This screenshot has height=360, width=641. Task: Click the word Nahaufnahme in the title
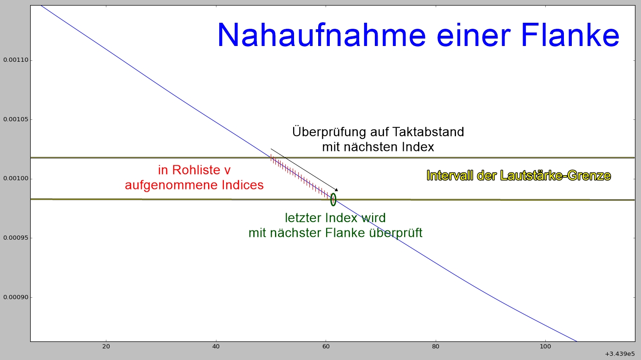321,35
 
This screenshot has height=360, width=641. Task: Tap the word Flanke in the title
570,34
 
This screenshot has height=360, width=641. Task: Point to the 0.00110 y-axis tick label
16,60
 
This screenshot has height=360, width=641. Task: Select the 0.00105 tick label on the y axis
16,119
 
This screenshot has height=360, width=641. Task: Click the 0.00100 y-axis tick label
16,178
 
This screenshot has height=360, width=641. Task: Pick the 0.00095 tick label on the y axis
16,238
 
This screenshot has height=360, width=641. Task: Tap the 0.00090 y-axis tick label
16,297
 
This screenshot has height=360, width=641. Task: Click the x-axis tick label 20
106,347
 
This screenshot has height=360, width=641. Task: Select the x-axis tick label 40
216,347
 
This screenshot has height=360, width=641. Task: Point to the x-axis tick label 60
326,347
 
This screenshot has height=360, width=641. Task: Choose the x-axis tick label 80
436,347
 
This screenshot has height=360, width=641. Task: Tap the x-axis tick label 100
545,347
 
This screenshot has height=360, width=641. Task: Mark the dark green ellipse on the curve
331,199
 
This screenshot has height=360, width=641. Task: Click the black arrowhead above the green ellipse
336,190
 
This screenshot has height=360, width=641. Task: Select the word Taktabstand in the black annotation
428,132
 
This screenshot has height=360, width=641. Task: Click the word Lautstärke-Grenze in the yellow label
556,176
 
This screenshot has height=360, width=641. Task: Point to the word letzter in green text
303,218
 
